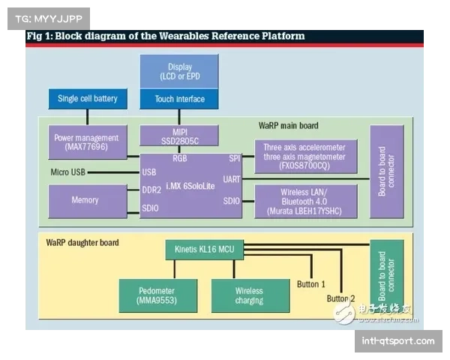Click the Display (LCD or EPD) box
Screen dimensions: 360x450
[179, 72]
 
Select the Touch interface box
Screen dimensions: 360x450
[179, 99]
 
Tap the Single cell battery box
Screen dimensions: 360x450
[88, 99]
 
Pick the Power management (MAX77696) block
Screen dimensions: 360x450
[87, 142]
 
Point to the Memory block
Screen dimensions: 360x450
[85, 200]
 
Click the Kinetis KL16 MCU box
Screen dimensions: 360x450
[205, 248]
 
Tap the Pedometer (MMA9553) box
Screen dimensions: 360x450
[157, 295]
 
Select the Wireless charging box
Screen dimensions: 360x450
[249, 295]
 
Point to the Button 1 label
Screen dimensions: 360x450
[311, 284]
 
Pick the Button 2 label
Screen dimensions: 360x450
[341, 298]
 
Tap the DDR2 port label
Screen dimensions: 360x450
[151, 190]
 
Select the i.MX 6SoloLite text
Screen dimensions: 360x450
[191, 185]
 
